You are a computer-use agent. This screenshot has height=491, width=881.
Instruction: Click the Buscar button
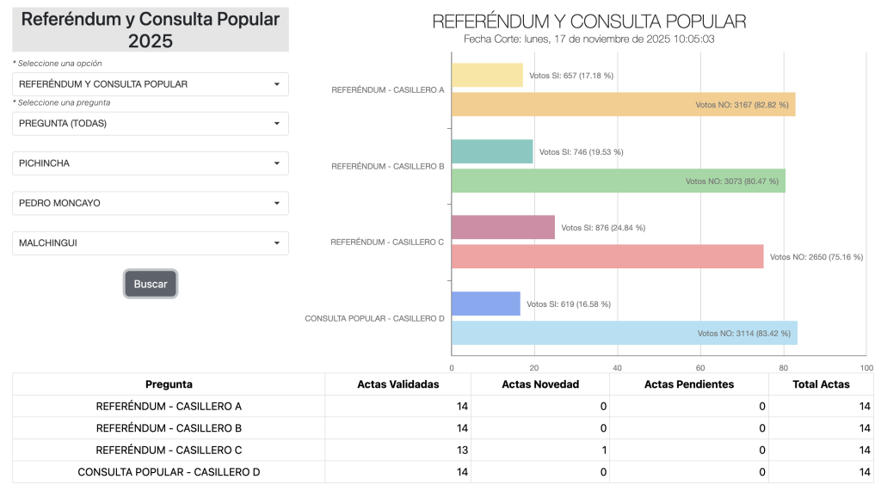151,284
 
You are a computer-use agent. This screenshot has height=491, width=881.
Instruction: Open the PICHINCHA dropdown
151,163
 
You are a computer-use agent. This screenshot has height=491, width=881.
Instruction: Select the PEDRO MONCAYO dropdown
151,203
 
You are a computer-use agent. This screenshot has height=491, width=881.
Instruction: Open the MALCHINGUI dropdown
151,243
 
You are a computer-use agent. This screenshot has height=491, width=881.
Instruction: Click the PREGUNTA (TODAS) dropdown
151,124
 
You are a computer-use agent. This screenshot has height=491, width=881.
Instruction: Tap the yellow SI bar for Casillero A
487,75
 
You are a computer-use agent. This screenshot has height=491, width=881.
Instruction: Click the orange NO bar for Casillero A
623,105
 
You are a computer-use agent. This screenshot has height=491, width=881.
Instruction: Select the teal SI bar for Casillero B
492,151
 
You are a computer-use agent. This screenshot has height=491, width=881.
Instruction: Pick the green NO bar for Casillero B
618,181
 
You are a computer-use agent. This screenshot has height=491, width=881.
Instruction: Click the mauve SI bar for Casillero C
503,227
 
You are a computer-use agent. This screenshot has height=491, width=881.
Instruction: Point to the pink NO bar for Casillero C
607,256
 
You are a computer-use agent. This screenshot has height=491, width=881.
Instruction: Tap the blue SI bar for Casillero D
486,304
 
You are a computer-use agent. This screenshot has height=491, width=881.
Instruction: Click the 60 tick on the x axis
700,368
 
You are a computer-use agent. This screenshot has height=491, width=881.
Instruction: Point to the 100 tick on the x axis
866,368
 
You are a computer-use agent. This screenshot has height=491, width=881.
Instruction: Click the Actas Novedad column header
540,384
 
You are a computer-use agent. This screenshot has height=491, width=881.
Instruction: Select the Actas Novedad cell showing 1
540,450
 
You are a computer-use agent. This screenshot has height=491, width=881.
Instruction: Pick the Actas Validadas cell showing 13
397,450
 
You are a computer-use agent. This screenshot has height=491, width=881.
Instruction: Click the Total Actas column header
821,384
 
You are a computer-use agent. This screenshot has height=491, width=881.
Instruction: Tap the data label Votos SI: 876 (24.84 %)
603,228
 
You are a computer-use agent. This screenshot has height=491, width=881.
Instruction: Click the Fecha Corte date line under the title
589,39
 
